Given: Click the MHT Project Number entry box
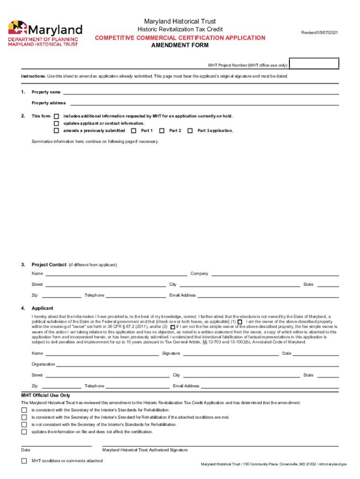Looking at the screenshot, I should (314, 64).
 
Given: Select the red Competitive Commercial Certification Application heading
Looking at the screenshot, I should (180, 38).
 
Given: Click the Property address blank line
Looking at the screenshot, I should (204, 103).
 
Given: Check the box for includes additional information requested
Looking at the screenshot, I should (57, 116).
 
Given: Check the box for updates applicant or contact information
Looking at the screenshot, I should (57, 123).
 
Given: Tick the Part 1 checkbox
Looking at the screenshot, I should (134, 131).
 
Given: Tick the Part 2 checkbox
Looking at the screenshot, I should (162, 131).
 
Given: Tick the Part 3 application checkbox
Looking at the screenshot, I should (190, 131).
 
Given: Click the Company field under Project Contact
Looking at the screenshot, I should (274, 274).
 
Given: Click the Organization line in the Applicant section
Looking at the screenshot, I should (197, 364).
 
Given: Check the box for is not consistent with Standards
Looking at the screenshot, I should (24, 424).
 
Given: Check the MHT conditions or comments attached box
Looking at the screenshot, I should (24, 461).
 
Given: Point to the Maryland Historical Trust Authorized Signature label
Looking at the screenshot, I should (145, 450).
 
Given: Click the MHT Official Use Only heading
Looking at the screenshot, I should (45, 395).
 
